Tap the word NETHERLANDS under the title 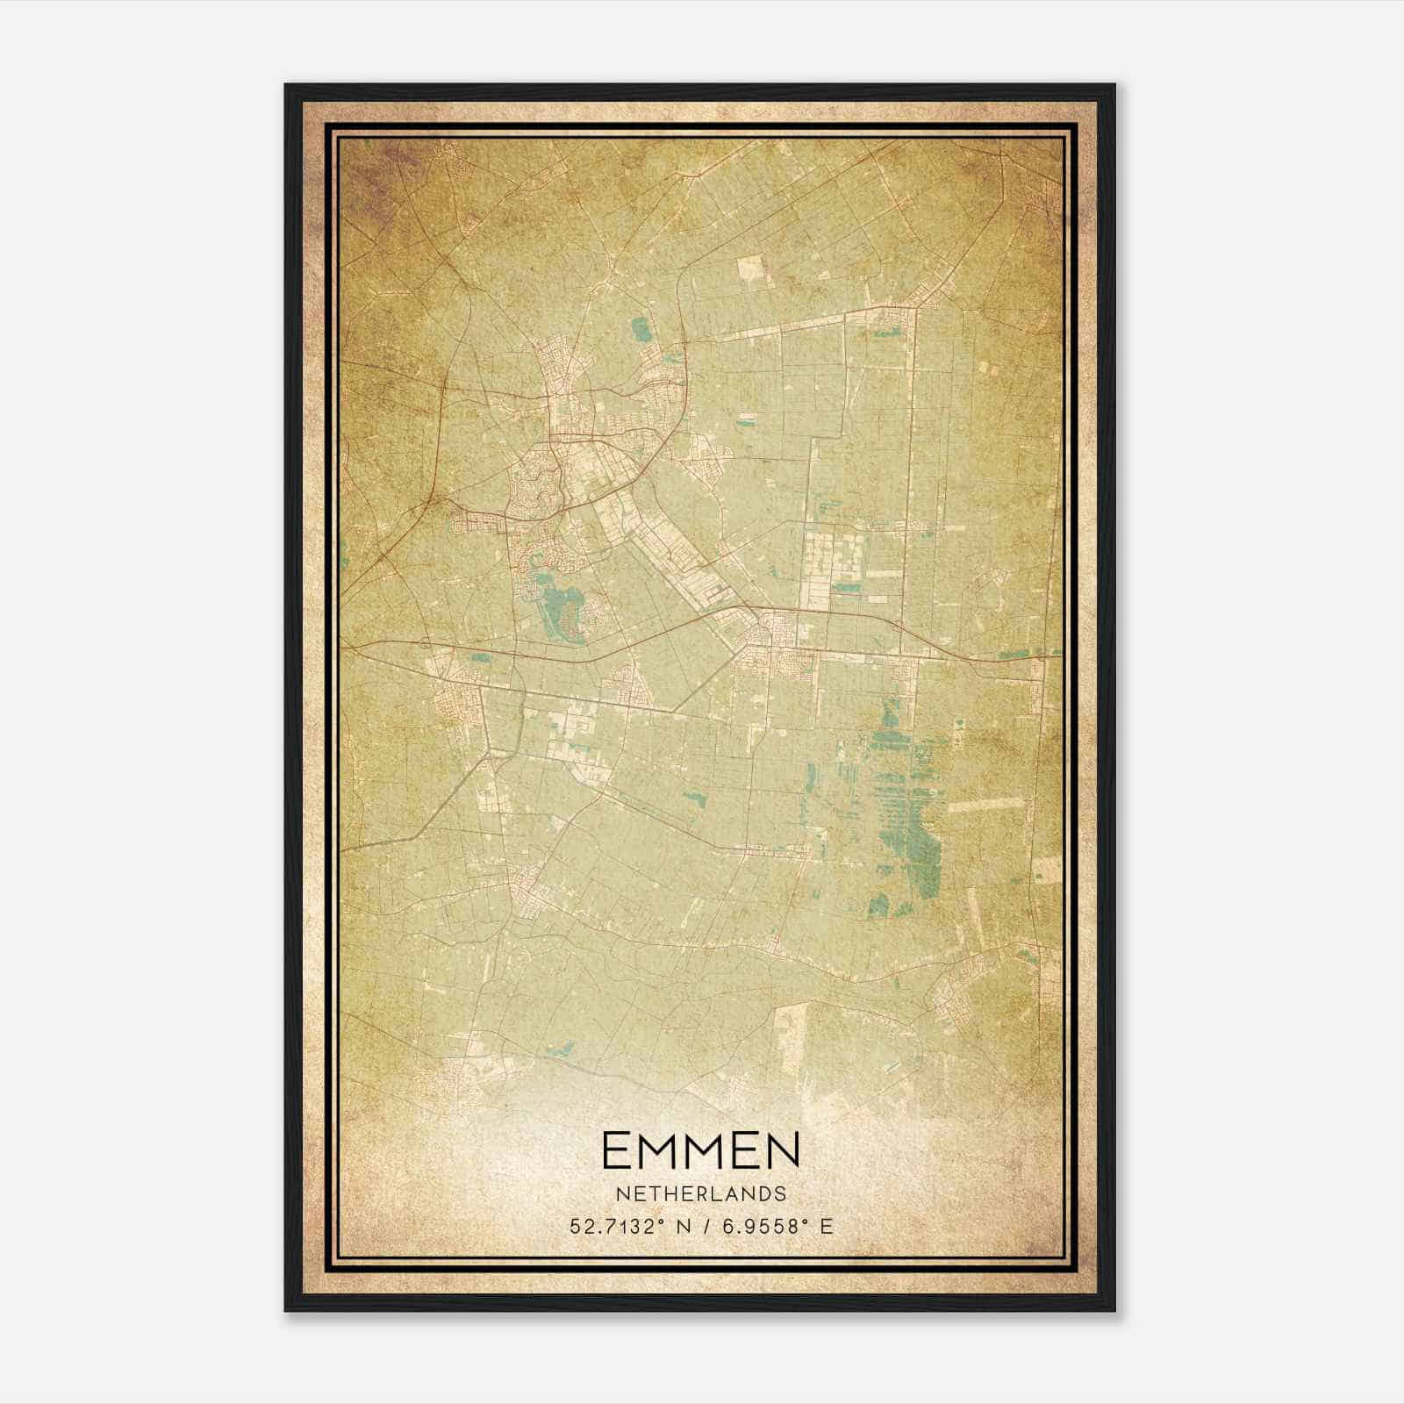click(700, 1194)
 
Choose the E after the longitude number click(826, 1227)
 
